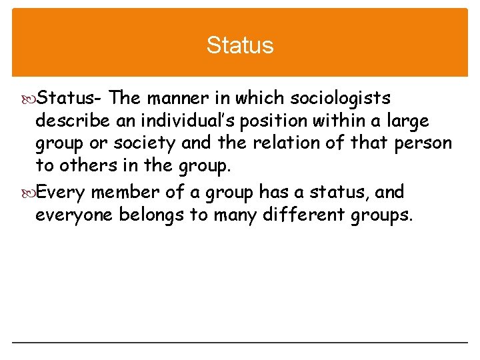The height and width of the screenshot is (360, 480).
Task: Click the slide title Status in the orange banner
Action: [x=240, y=45]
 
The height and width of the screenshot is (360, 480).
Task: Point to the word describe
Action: [x=64, y=121]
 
